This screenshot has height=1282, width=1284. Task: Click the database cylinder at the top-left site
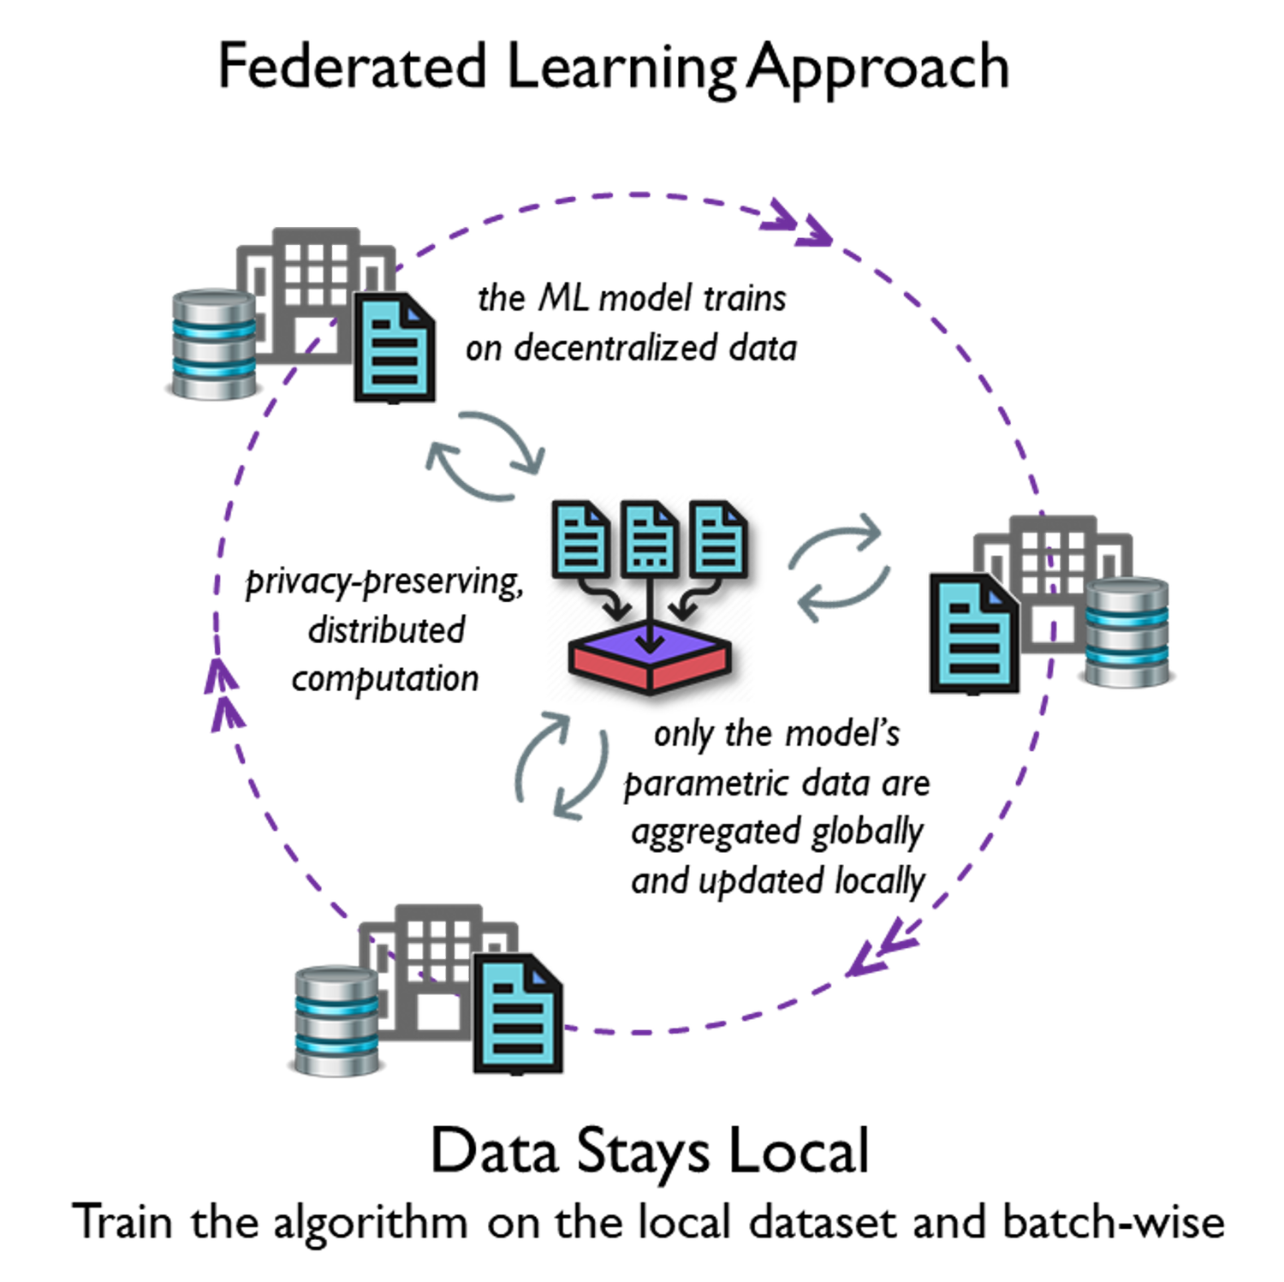[x=214, y=345]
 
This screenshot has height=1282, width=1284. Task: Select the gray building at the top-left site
[x=313, y=274]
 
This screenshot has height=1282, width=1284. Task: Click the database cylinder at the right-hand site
[x=1126, y=633]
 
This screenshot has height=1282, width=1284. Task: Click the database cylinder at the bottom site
[x=336, y=1021]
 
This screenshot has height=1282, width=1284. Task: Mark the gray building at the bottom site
[x=437, y=951]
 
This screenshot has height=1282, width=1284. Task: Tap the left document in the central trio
[x=581, y=540]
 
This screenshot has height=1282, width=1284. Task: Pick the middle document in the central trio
[x=650, y=540]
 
